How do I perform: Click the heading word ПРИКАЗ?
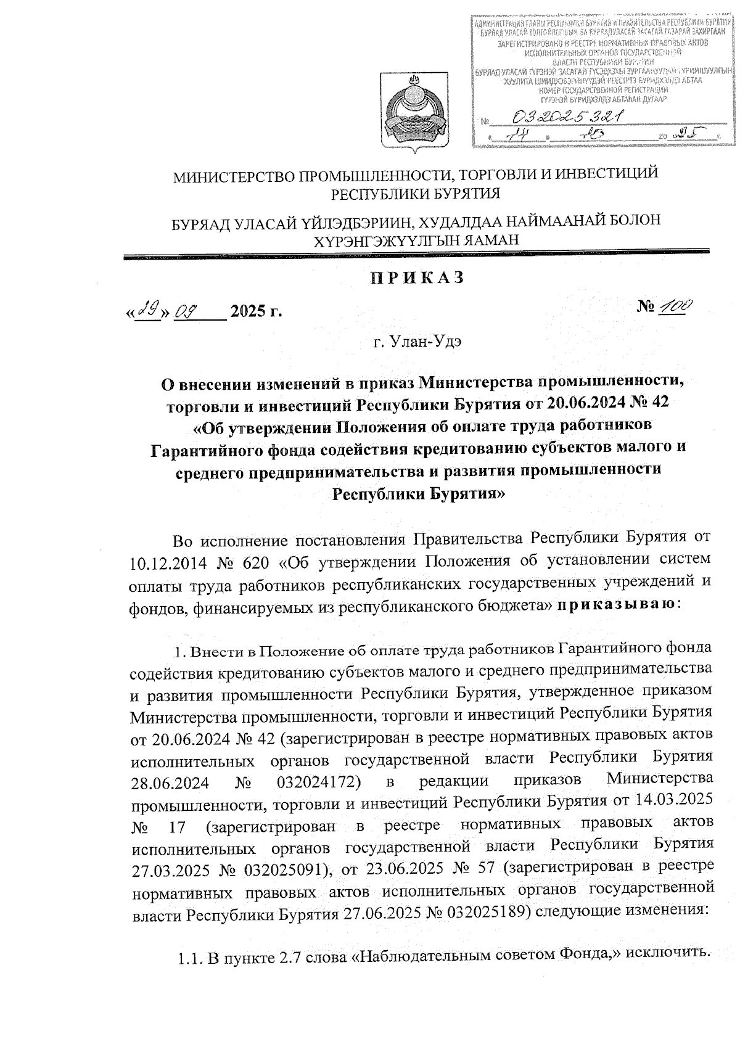pyautogui.click(x=416, y=278)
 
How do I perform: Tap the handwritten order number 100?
pyautogui.click(x=676, y=306)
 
